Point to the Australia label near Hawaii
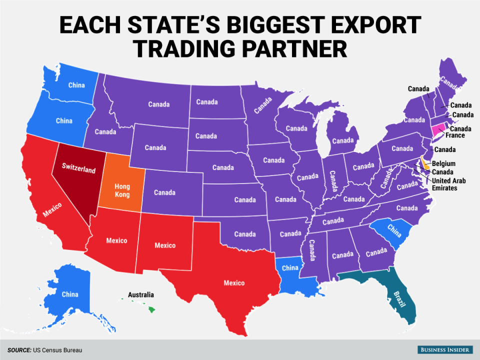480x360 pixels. click(140, 295)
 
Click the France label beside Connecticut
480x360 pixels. click(455, 135)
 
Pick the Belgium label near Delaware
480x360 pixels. click(443, 163)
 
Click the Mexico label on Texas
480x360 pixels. click(234, 283)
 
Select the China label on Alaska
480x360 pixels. click(69, 294)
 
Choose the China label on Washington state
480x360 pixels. click(76, 85)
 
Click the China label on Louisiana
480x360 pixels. click(289, 267)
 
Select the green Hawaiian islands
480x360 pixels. click(149, 309)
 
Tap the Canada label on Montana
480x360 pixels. click(158, 104)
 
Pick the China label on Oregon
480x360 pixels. click(64, 120)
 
